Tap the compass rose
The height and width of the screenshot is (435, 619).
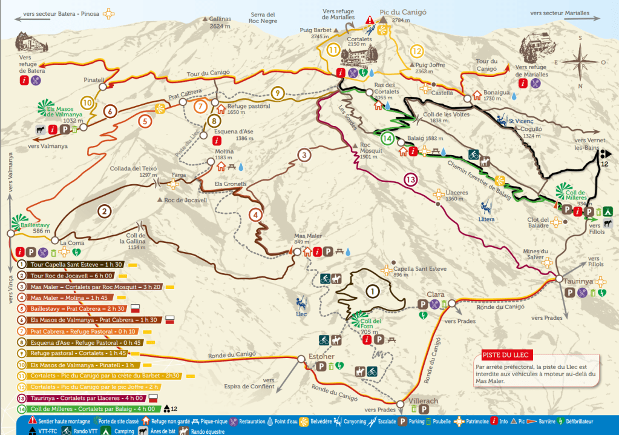[580, 61]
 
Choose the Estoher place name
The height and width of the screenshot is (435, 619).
[322, 356]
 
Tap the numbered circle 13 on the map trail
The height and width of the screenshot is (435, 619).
[411, 179]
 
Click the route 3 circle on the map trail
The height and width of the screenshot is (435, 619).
[304, 154]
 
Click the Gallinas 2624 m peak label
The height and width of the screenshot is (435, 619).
[220, 22]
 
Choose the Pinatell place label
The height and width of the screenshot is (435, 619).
[94, 79]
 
